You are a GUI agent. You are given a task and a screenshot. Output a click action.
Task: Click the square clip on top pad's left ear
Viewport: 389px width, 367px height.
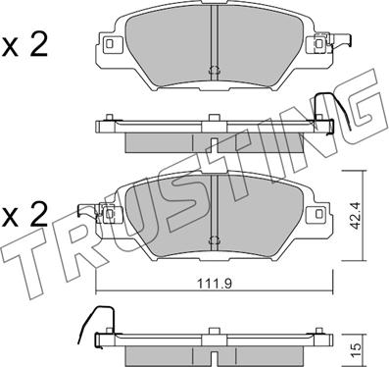point(111,44)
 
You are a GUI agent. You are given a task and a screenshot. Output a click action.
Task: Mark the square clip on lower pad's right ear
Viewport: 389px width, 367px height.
point(318,213)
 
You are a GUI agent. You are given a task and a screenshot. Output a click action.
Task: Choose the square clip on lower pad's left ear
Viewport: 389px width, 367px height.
point(111,214)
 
